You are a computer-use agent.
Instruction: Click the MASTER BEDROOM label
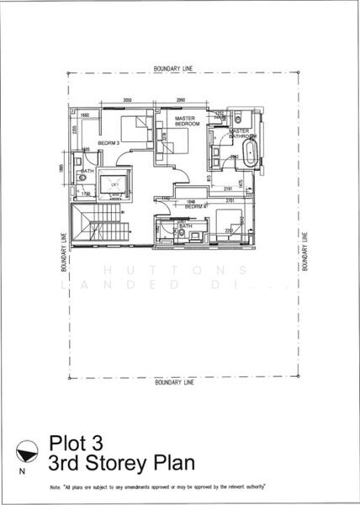point(187,120)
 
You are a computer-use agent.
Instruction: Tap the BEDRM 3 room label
point(108,143)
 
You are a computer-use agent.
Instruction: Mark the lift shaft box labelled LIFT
point(113,183)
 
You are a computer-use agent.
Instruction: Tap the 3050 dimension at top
point(128,99)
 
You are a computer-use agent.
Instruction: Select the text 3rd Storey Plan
point(122,462)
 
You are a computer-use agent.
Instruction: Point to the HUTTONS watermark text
point(177,271)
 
